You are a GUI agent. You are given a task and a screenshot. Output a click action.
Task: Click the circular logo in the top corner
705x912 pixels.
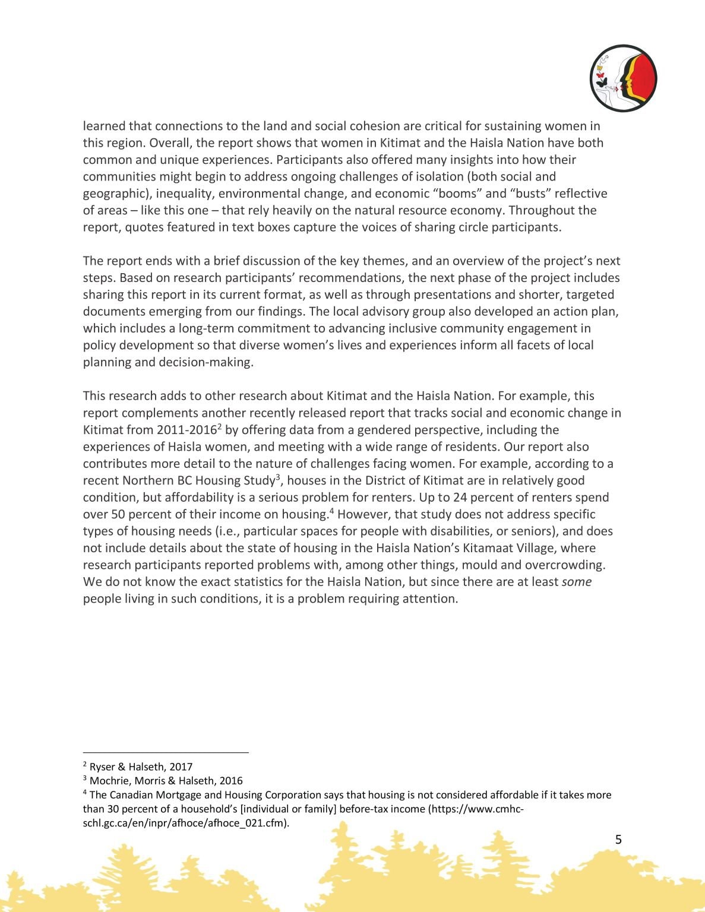tap(623, 78)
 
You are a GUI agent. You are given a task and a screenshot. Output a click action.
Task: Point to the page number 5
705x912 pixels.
tap(618, 840)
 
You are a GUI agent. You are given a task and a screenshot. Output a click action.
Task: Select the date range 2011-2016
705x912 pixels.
tap(186, 430)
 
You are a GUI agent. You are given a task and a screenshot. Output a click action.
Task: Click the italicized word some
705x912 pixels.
tap(576, 582)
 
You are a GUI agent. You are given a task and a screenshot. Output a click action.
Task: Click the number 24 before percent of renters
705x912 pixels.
tap(460, 498)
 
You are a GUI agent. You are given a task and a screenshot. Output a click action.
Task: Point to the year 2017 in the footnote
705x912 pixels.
tap(181, 767)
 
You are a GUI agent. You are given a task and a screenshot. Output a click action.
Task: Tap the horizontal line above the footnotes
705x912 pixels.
tap(165, 753)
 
